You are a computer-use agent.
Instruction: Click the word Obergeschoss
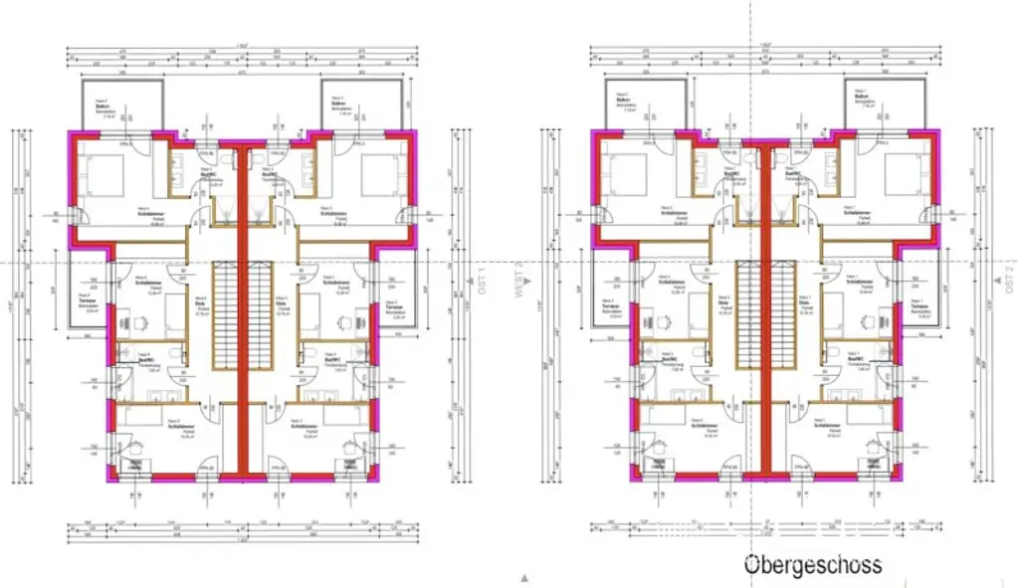pyautogui.click(x=813, y=565)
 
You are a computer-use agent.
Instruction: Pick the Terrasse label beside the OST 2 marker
pyautogui.click(x=920, y=306)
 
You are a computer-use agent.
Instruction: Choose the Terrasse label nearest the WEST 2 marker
pyautogui.click(x=608, y=306)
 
